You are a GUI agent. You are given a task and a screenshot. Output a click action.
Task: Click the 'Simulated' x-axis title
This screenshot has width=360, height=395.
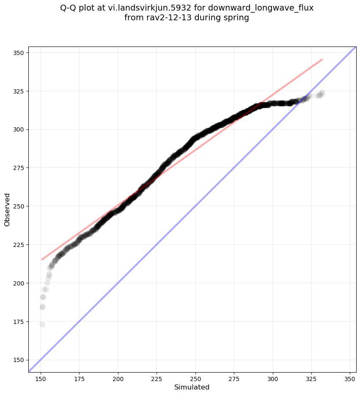tap(192, 387)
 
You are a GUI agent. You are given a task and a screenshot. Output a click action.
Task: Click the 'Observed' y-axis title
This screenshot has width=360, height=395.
tap(7, 210)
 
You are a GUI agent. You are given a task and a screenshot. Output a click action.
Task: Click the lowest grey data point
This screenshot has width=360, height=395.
tap(42, 324)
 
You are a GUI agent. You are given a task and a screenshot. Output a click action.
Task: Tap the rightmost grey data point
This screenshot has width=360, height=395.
tap(322, 93)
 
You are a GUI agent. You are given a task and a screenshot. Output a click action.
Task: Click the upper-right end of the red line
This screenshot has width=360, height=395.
tap(322, 59)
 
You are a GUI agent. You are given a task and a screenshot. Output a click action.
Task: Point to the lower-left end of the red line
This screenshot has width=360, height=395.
tap(41, 259)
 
